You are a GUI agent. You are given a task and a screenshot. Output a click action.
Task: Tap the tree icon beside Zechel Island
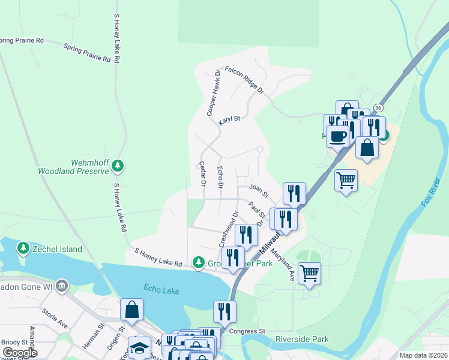(23, 248)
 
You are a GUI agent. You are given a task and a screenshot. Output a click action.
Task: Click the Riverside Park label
(302, 339)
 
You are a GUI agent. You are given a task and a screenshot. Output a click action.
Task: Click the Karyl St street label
(229, 119)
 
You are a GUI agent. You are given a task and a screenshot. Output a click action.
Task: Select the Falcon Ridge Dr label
(244, 79)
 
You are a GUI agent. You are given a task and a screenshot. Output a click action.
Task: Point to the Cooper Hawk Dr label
(213, 93)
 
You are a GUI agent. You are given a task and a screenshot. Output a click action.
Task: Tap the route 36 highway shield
(378, 107)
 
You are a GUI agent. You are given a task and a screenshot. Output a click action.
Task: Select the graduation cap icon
(139, 347)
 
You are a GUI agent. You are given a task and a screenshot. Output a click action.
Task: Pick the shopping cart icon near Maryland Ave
(309, 273)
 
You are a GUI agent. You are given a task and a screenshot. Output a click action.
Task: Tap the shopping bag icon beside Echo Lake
(132, 310)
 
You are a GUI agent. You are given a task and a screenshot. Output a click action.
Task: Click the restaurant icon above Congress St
(224, 311)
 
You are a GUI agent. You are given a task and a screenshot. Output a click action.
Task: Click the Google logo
(19, 353)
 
